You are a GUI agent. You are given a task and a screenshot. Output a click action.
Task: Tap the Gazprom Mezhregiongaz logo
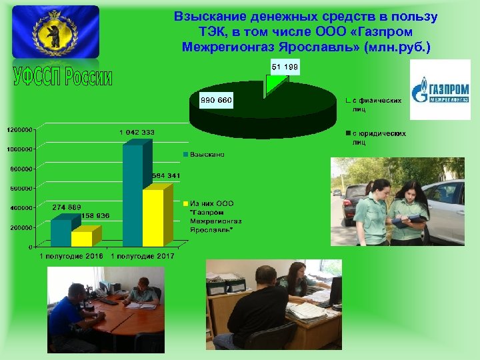[440, 90]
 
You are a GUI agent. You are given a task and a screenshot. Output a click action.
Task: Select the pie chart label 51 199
[285, 67]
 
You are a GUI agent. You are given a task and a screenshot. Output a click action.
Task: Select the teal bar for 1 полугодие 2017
[132, 197]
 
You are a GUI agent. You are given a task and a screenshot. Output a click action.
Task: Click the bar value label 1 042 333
[137, 132]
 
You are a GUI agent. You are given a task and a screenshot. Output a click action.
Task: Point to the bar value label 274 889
[67, 207]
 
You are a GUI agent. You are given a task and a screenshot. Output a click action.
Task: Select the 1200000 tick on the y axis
[19, 129]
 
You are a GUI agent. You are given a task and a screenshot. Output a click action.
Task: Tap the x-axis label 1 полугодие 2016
[70, 256]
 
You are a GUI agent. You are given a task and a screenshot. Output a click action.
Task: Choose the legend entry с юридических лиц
[378, 137]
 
